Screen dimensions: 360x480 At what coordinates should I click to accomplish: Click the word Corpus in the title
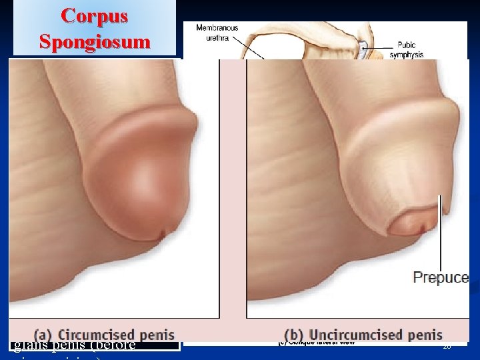95,17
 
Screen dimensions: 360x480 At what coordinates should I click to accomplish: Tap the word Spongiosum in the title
95,41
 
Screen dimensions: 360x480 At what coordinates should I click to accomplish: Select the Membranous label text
217,27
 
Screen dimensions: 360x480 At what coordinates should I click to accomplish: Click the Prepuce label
441,277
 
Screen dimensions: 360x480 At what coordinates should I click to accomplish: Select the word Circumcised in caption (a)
99,335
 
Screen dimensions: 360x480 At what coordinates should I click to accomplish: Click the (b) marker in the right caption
293,335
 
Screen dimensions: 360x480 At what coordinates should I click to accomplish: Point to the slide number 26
447,347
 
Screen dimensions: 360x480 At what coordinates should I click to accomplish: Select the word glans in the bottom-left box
27,345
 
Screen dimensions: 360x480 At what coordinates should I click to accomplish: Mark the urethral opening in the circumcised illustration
162,234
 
